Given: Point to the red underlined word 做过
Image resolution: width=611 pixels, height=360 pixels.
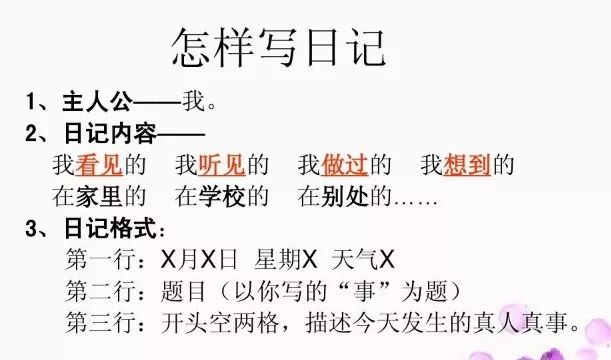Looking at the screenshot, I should coord(343,163).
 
